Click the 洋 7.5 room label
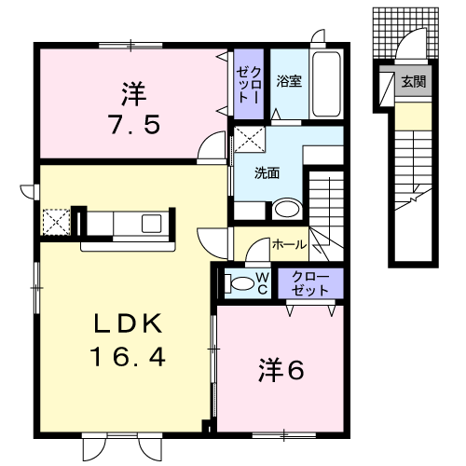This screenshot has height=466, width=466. click(135, 108)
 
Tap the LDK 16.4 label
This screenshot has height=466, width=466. click(128, 339)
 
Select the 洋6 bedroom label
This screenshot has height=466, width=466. click(281, 370)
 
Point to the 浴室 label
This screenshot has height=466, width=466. click(289, 81)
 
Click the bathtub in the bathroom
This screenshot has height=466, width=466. click(326, 84)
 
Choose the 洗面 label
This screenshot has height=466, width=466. click(267, 173)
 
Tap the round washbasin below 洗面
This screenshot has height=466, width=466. click(287, 209)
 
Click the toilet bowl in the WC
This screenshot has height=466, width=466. click(240, 283)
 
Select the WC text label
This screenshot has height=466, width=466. click(263, 282)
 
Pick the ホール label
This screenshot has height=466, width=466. click(289, 245)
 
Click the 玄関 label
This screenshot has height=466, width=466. click(414, 81)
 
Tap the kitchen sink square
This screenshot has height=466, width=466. click(152, 224)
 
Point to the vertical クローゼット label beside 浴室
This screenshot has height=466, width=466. click(249, 85)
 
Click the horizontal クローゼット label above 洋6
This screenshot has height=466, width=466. click(310, 283)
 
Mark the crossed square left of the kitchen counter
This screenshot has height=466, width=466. click(56, 222)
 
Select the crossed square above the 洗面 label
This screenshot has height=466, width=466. click(250, 139)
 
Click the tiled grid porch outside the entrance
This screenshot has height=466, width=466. click(405, 33)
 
